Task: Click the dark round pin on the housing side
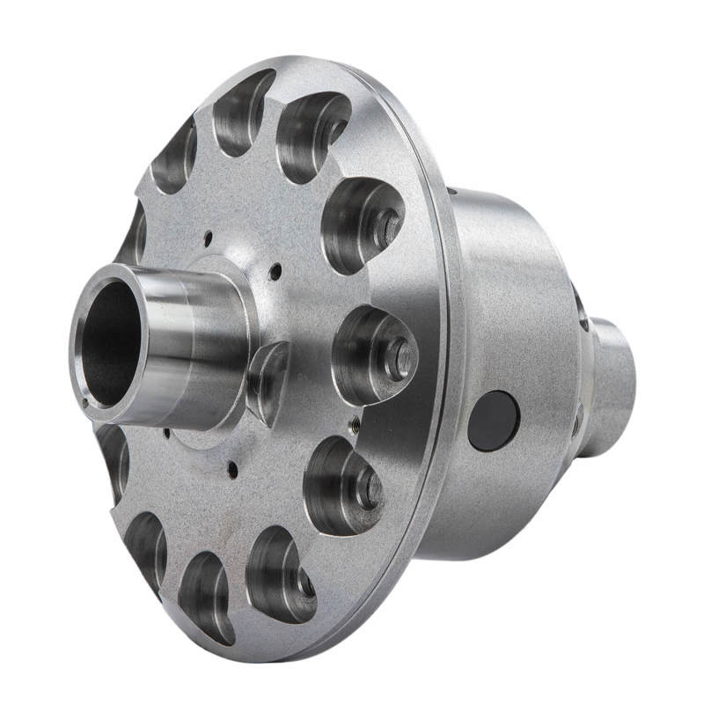point(494,421)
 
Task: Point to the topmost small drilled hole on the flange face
point(209,235)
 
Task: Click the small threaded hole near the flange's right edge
point(353,425)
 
